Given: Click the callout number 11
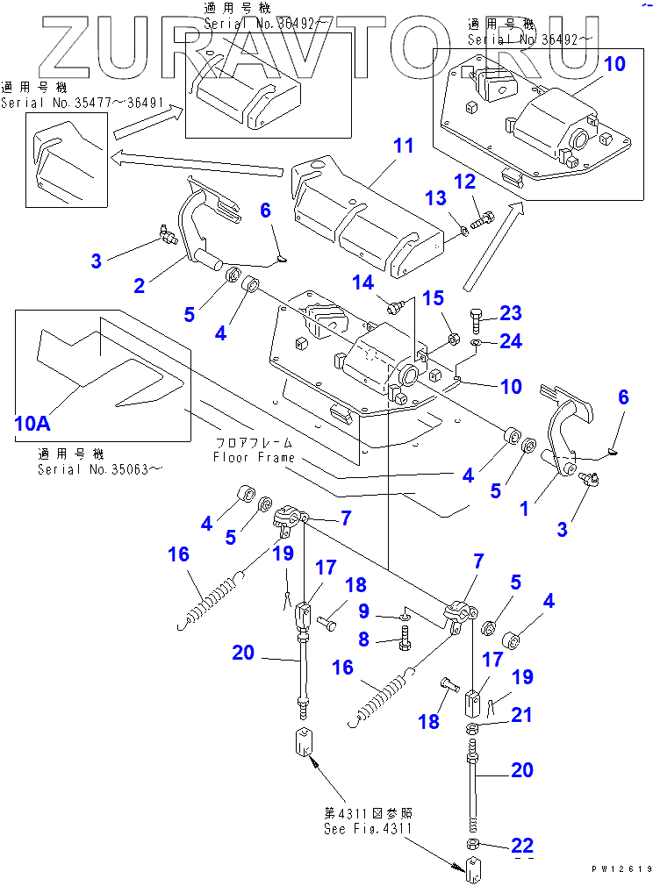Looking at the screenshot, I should coord(403,146).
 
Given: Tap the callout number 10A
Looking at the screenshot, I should coord(32,424).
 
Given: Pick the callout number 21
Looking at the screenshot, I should coord(521,716).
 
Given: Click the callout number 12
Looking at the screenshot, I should coord(463,183).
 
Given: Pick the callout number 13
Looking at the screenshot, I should coord(435,200).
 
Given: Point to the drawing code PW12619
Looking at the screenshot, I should coord(621,868).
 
